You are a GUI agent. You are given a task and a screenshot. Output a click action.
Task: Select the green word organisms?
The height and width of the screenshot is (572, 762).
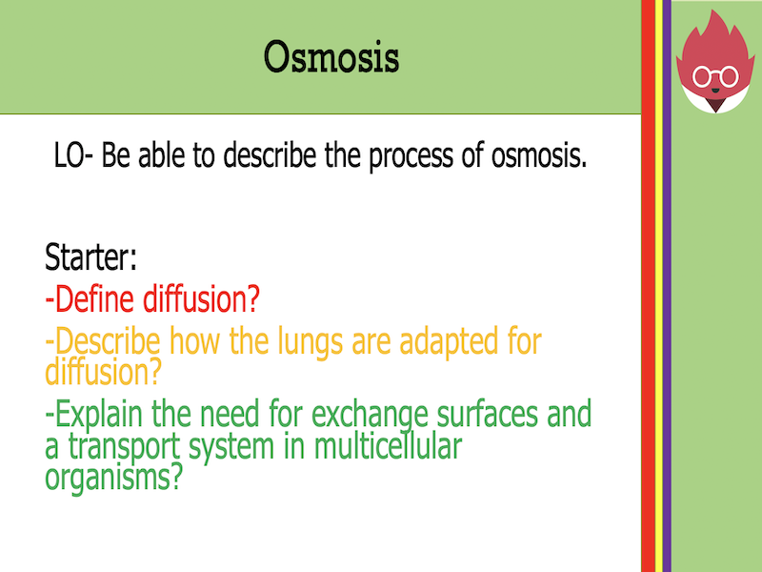tap(113, 475)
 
